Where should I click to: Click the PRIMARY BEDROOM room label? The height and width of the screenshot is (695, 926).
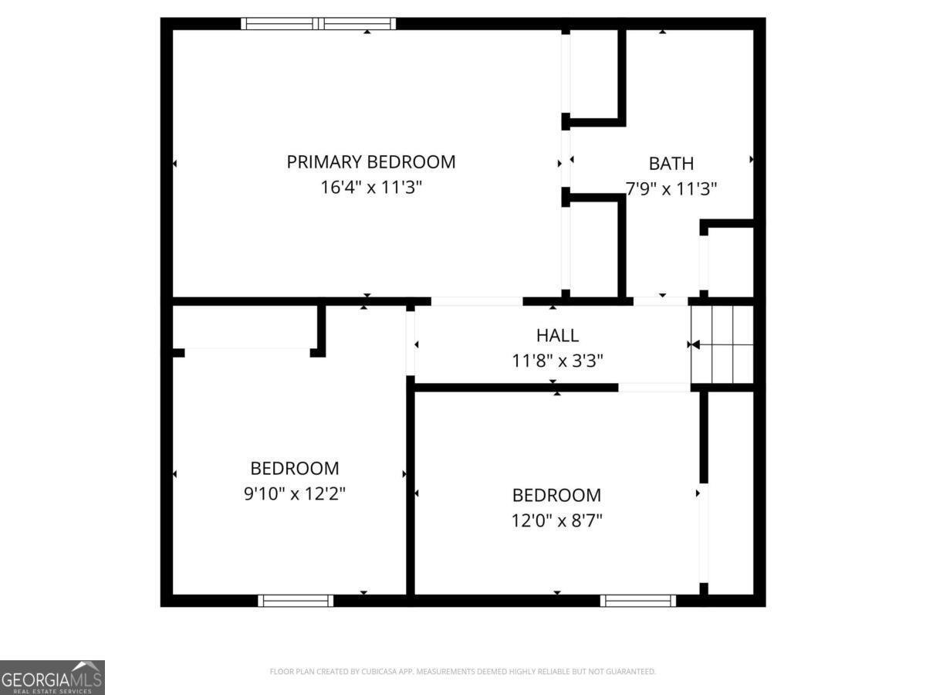pos(371,162)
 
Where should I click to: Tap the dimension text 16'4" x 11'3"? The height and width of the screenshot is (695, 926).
pos(371,187)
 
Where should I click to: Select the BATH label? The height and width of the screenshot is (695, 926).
pos(671,164)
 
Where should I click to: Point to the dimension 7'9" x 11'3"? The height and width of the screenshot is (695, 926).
pos(671,187)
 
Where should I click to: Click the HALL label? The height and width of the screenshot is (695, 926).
pos(557,335)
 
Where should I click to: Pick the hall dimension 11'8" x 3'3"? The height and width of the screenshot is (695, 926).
pos(557,359)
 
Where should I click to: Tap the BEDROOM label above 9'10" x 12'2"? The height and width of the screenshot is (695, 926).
pos(294,468)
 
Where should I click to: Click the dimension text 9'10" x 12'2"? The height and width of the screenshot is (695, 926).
pos(294,493)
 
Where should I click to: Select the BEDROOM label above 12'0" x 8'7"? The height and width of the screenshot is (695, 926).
pos(556,495)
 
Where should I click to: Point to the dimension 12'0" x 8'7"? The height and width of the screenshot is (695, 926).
pos(556,520)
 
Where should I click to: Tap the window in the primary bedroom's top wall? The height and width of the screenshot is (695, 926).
pos(319,24)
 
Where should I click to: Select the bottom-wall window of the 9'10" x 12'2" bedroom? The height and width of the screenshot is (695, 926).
pos(296,600)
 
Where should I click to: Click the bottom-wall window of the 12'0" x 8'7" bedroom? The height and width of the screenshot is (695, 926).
pos(638,600)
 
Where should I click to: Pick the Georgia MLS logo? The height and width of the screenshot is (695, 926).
pos(52,677)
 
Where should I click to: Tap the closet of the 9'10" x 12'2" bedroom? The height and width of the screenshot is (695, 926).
pos(245,327)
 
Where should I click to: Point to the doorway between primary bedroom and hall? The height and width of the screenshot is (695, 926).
pos(477,301)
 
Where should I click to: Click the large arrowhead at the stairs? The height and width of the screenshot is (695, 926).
pos(694,344)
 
